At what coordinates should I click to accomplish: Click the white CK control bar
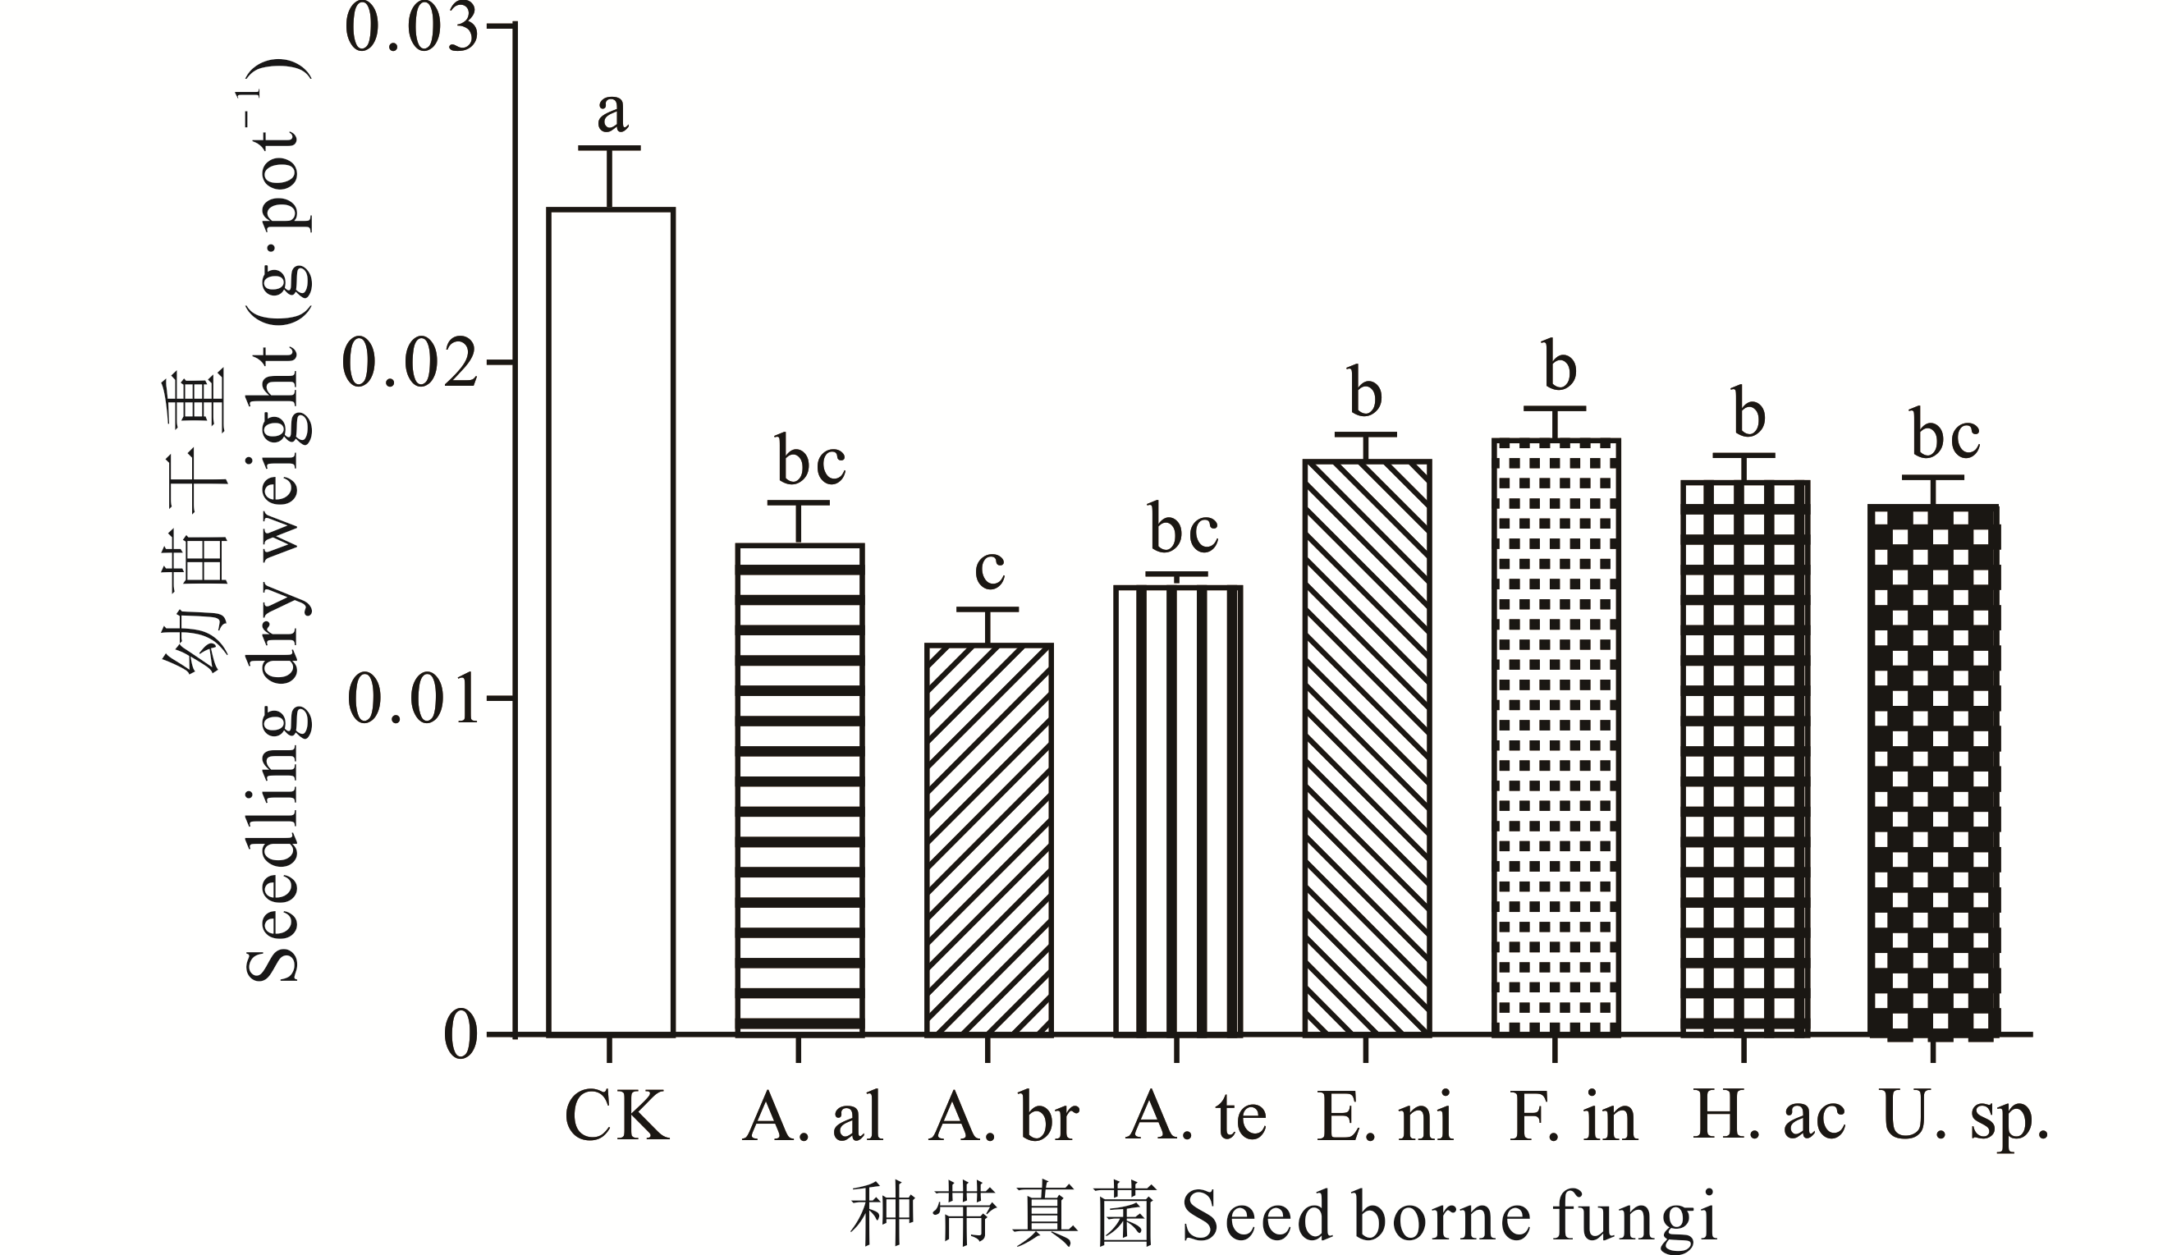coord(610,621)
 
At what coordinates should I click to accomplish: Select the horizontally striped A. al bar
coord(799,789)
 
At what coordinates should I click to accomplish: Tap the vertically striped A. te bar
coord(1177,810)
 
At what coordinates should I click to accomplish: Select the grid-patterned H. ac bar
coord(1744,758)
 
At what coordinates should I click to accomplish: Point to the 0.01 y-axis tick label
coord(412,699)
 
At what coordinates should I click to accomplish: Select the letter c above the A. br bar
coord(989,569)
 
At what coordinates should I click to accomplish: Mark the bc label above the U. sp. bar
coord(1945,437)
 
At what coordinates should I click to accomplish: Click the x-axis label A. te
coord(1197,1119)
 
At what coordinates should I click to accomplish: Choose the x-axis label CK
coord(617,1119)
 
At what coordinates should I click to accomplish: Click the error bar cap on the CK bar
coord(610,149)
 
